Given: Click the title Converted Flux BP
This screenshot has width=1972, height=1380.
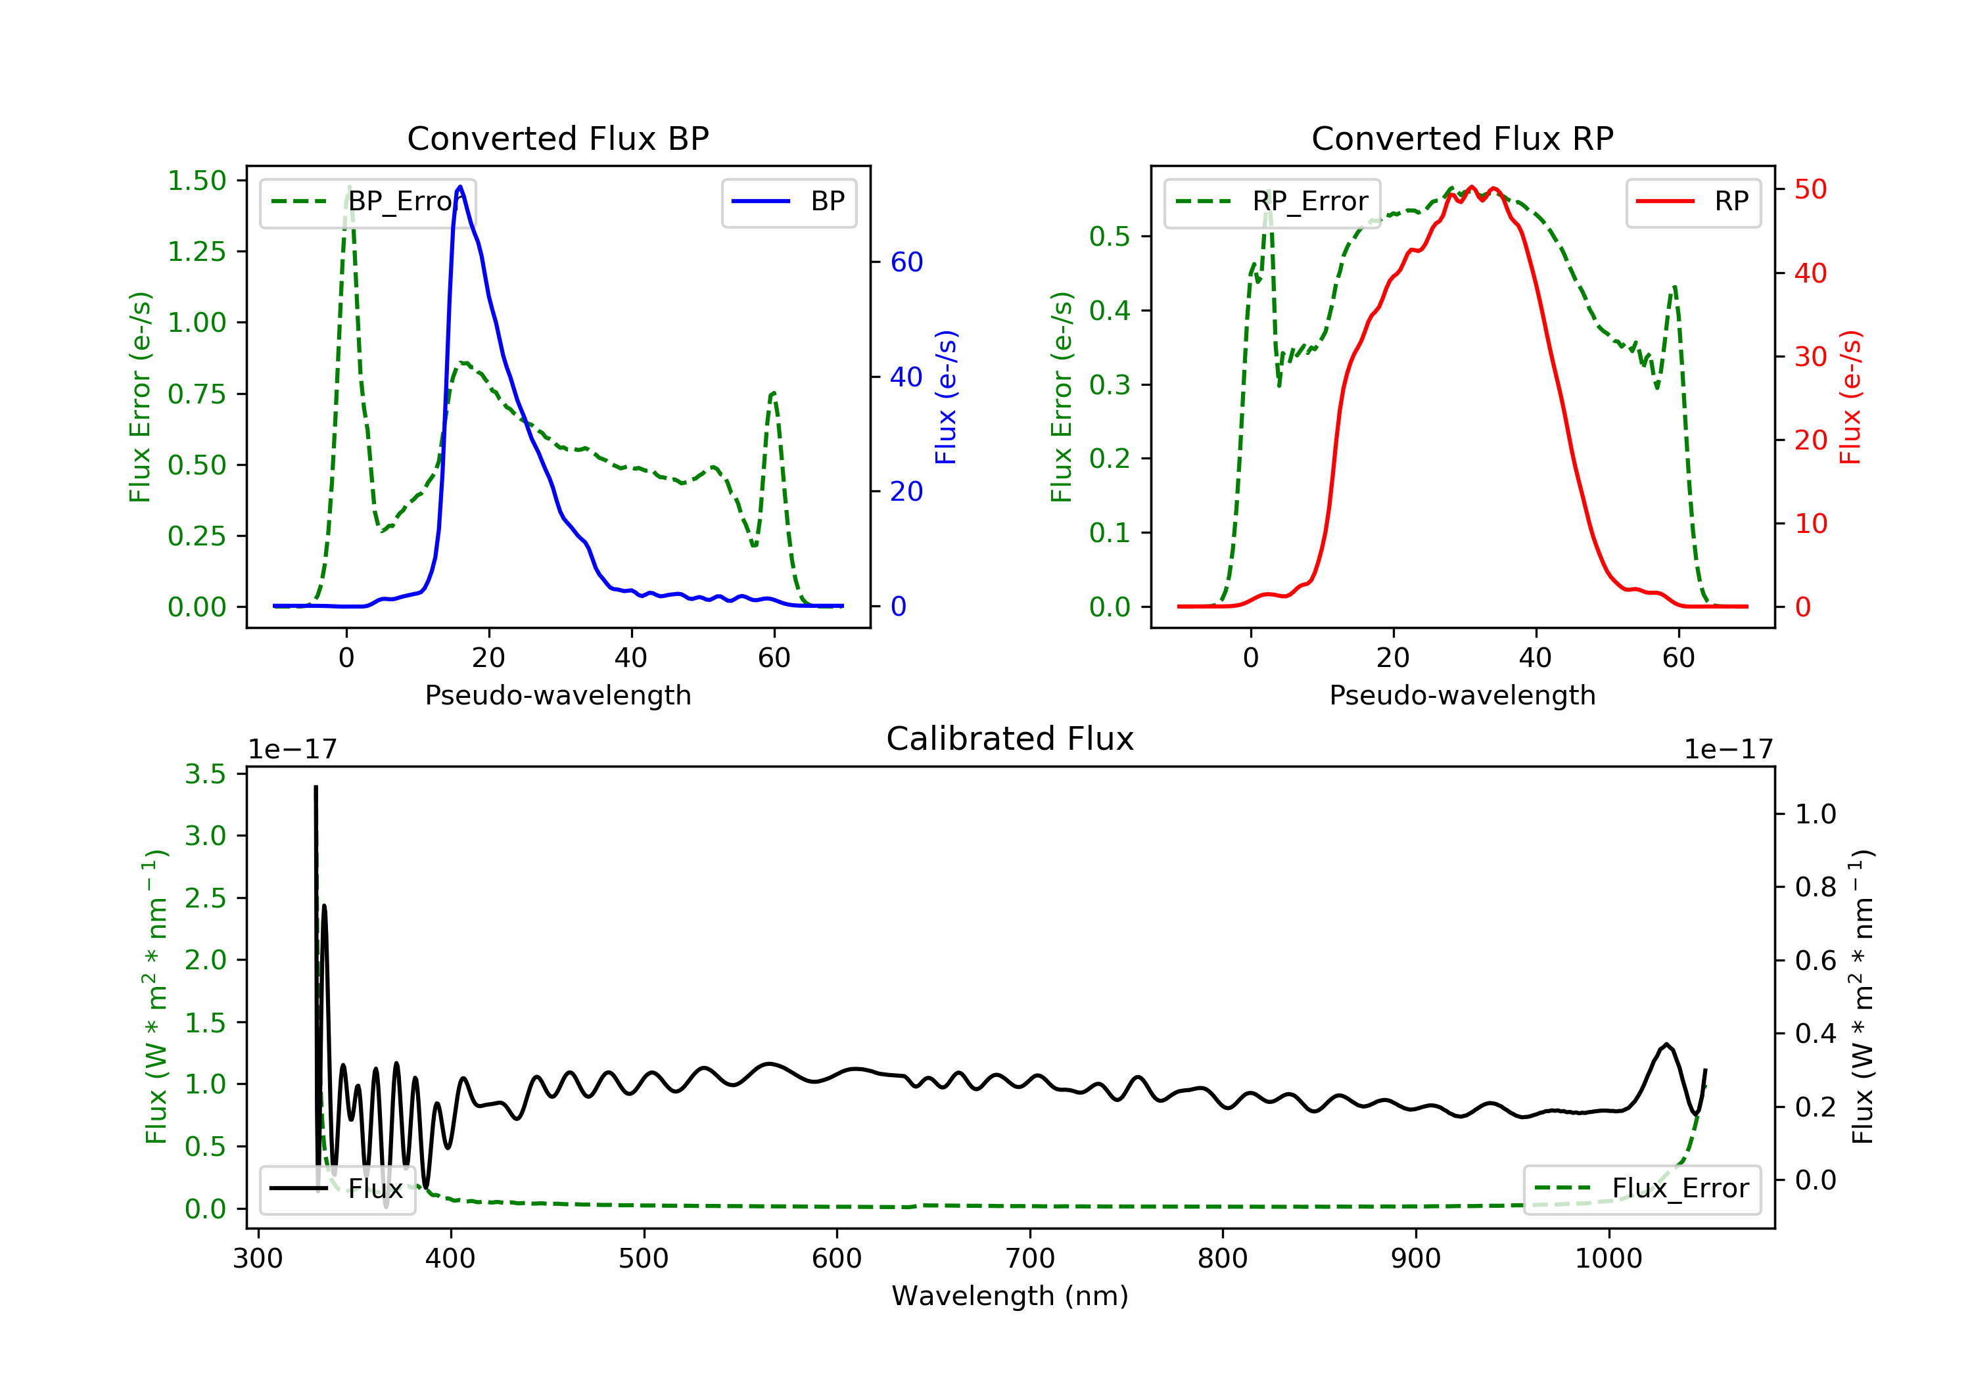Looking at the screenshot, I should (x=557, y=138).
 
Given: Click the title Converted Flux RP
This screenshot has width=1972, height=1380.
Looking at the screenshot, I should (x=1462, y=138).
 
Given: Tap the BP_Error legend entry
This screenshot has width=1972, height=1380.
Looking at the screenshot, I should (x=367, y=202).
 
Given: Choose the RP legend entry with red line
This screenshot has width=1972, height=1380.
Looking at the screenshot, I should (x=1693, y=202).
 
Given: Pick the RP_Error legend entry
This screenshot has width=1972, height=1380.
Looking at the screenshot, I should (x=1272, y=202).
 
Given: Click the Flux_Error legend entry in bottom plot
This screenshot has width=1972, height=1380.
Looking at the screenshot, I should (x=1641, y=1189).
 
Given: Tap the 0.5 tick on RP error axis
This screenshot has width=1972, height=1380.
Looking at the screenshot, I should (x=1109, y=236).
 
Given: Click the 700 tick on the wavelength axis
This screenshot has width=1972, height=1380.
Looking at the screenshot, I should (x=1030, y=1259).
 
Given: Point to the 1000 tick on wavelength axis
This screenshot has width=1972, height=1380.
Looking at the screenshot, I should (x=1608, y=1259).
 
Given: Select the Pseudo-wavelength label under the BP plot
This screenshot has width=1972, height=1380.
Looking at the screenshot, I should (x=557, y=695).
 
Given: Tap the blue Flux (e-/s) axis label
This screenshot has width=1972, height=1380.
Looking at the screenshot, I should (x=946, y=397).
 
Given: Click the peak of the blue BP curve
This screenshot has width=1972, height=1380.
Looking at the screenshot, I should (x=460, y=187).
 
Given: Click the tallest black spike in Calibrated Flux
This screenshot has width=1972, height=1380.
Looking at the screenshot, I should (x=316, y=787).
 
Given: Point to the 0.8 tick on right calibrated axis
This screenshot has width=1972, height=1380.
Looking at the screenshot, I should (x=1815, y=887).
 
